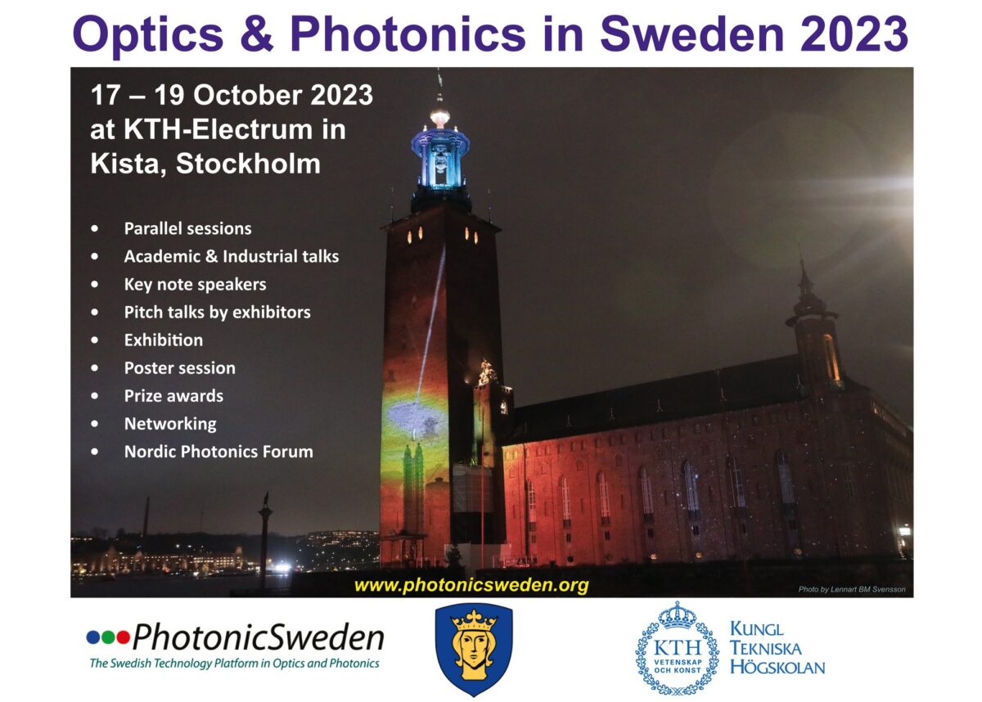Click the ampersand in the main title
(257, 34)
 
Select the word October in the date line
(249, 95)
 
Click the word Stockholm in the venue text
(248, 164)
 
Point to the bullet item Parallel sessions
(187, 228)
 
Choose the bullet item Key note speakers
(195, 285)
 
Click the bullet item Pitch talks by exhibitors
(218, 313)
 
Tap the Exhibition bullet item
(164, 340)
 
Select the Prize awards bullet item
(173, 396)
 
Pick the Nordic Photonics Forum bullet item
(218, 452)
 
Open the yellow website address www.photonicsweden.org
(471, 586)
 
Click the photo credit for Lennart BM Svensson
(852, 589)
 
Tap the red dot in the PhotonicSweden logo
(124, 637)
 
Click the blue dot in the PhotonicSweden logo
(93, 637)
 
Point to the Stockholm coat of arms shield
(474, 650)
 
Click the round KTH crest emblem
(678, 648)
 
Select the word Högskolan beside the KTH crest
(777, 668)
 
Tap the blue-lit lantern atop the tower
(440, 157)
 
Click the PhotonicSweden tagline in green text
(235, 664)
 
